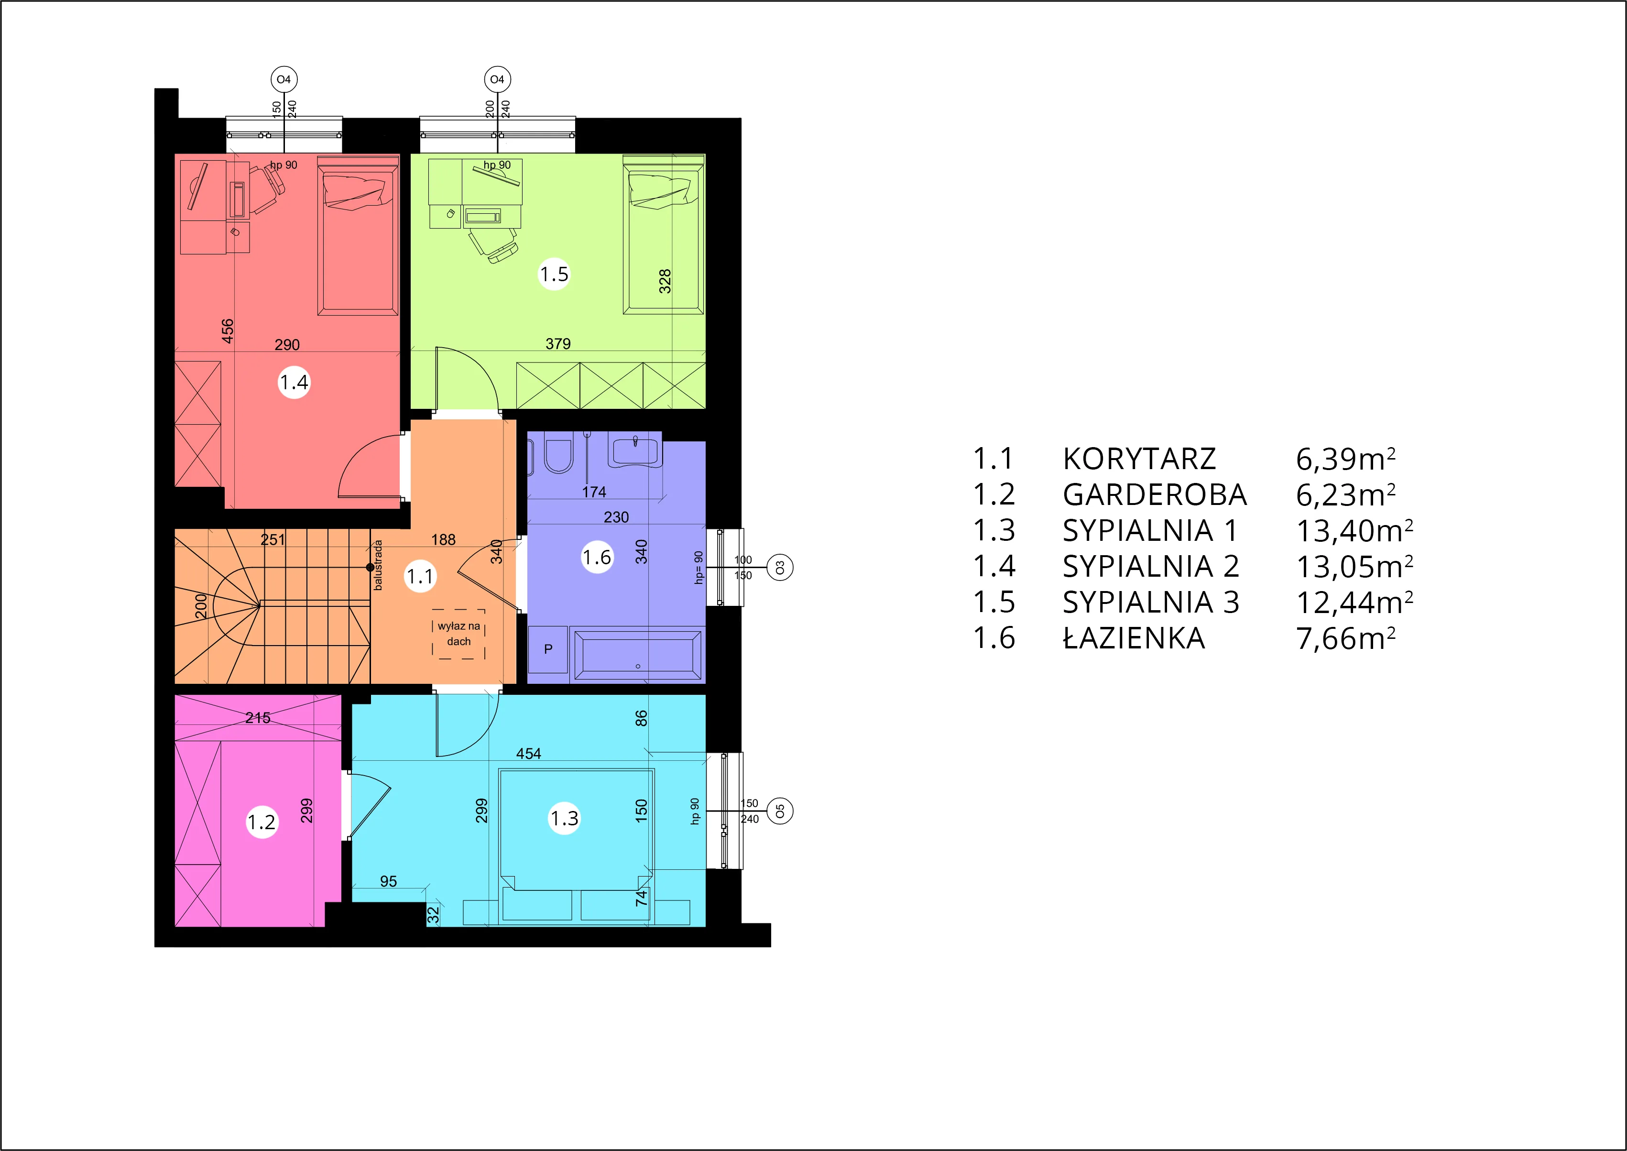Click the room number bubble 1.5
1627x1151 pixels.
point(554,274)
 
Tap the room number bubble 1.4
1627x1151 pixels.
point(294,383)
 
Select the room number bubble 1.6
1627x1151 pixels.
point(597,557)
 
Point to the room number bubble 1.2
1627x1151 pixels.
point(262,822)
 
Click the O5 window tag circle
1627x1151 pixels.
point(780,811)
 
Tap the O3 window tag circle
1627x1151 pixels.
point(780,568)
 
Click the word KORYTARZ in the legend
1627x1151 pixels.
point(1139,459)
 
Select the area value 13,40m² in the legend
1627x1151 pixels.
point(1354,530)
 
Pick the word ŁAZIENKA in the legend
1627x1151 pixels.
point(1134,638)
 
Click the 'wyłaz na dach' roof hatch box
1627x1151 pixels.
point(459,634)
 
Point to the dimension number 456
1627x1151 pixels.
point(228,331)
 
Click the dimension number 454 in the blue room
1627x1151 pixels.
point(529,754)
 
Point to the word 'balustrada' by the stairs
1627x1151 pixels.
point(378,565)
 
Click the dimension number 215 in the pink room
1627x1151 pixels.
point(258,718)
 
